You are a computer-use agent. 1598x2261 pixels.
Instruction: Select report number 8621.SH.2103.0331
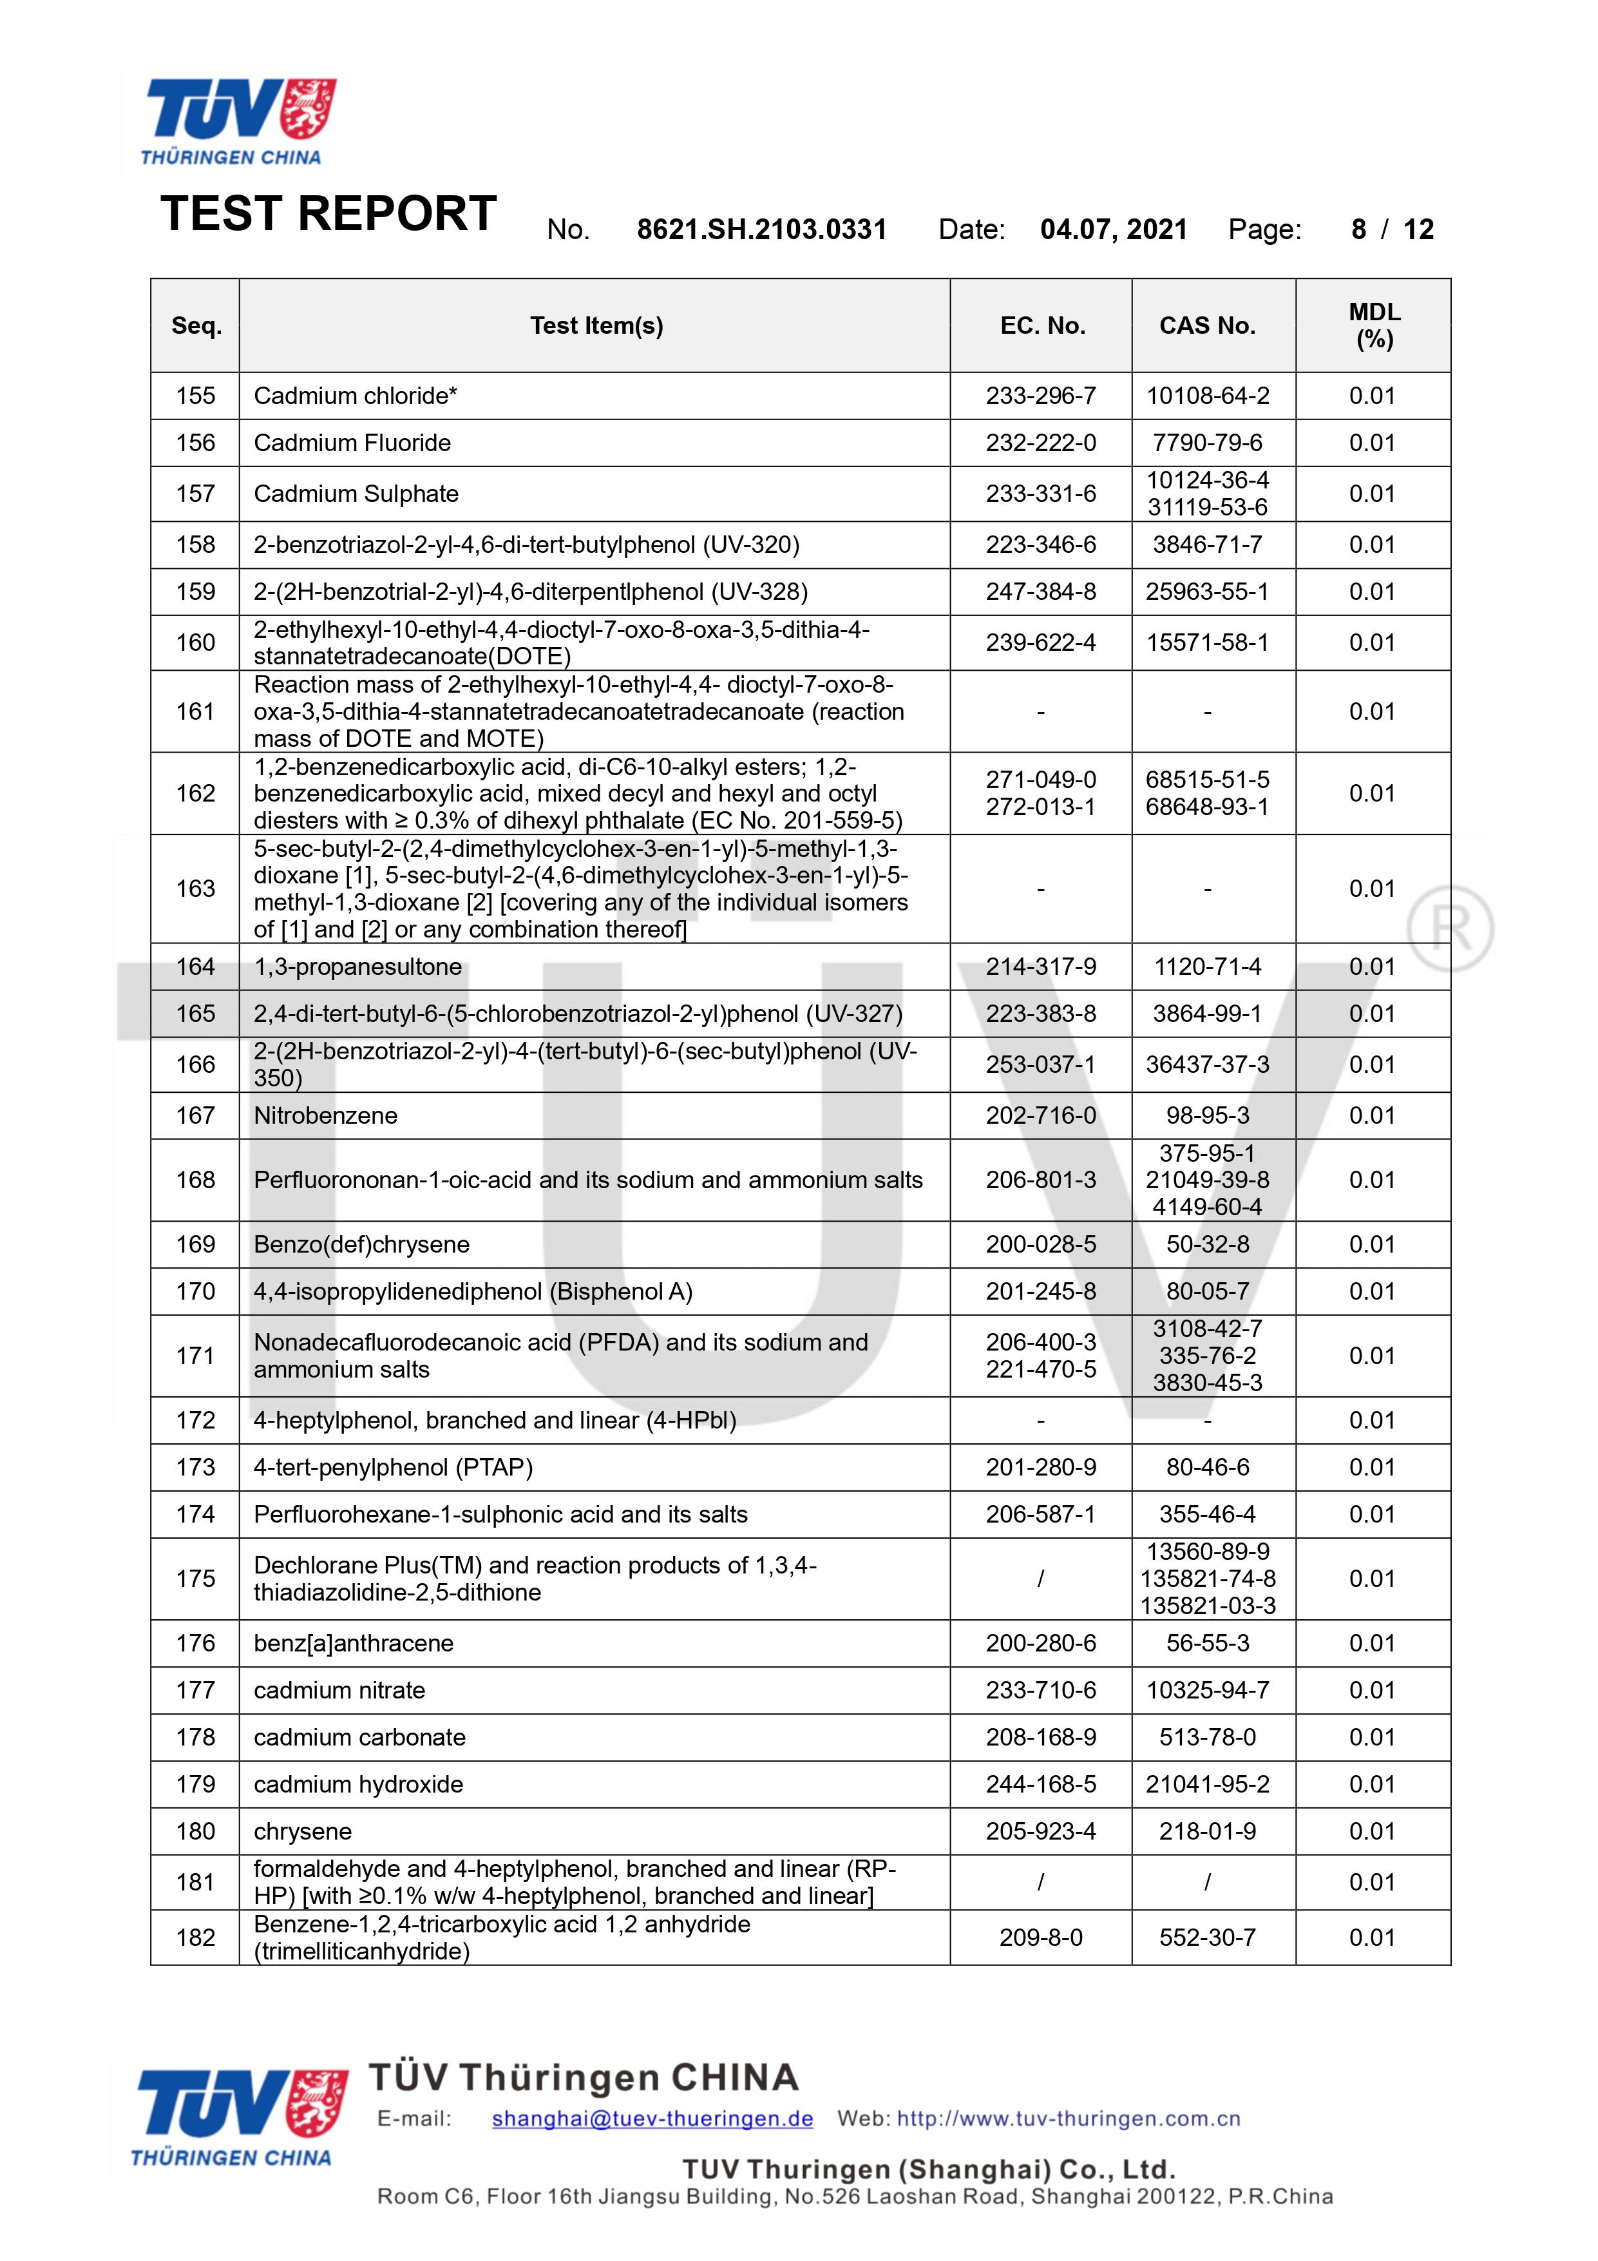761,229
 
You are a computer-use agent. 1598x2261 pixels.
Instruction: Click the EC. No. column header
1042,326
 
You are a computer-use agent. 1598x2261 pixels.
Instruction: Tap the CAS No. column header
1207,326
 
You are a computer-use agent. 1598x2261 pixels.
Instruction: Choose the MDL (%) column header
1373,326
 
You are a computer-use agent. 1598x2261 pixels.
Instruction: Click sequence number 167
195,1116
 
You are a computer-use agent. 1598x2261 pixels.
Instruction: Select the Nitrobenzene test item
326,1116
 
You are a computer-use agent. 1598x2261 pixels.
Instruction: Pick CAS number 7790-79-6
1207,443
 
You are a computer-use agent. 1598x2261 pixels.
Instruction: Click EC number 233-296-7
1041,396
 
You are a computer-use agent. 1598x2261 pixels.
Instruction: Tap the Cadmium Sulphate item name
356,494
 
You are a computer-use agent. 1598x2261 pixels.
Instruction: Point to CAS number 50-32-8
1207,1245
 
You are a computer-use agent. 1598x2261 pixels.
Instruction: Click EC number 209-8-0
1041,1938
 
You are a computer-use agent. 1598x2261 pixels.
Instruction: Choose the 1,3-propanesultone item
357,967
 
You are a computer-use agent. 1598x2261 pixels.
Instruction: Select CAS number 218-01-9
1207,1832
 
